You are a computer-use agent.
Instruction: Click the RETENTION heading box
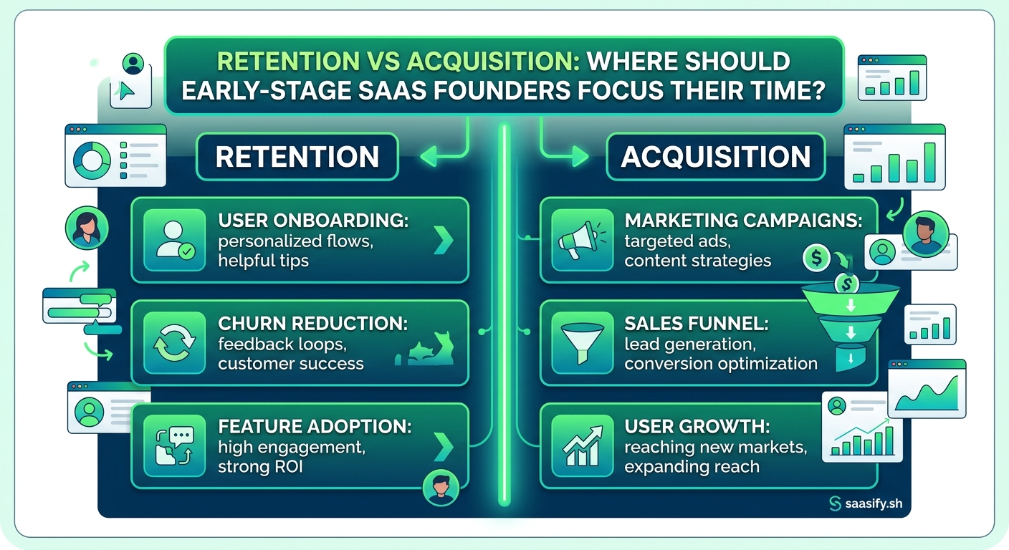[x=297, y=157]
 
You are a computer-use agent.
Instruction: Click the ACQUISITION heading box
[x=715, y=157]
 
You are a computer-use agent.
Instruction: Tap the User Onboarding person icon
[x=174, y=239]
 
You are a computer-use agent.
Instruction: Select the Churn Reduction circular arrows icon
[x=174, y=342]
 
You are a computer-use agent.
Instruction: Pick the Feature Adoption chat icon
[x=174, y=446]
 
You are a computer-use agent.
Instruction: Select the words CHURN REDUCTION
[x=312, y=324]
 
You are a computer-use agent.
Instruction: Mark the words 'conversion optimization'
[x=720, y=364]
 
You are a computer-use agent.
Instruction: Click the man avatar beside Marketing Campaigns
[x=926, y=233]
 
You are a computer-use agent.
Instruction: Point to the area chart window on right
[x=927, y=388]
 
